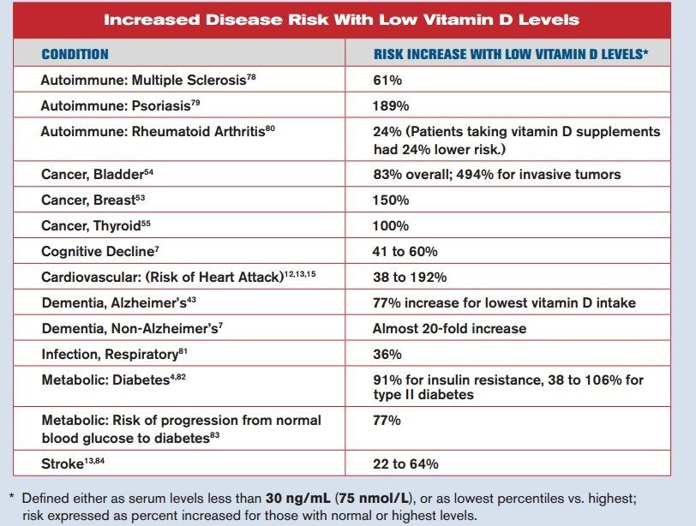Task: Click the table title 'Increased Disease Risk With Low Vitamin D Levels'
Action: [x=341, y=19]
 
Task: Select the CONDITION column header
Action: [x=75, y=54]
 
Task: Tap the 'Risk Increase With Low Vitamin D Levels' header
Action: [x=511, y=54]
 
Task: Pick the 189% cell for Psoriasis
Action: [x=391, y=106]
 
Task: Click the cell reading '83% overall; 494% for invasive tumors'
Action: [x=496, y=174]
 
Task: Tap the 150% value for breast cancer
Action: [x=391, y=200]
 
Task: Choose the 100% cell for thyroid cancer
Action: [x=391, y=226]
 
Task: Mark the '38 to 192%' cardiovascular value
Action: [x=409, y=278]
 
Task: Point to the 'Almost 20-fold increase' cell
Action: [x=449, y=328]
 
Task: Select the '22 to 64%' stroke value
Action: [x=405, y=463]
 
